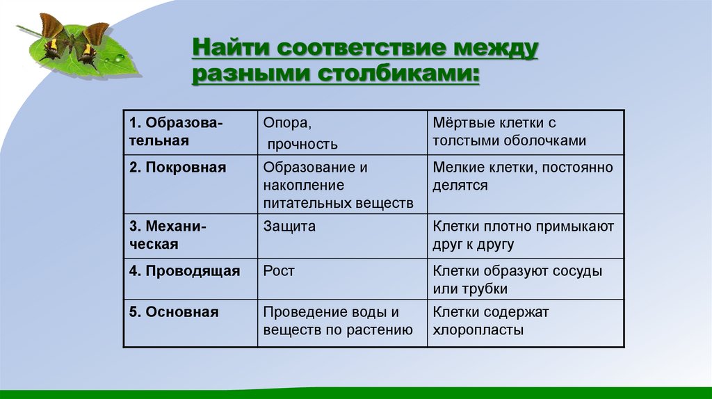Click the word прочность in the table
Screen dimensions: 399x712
point(302,145)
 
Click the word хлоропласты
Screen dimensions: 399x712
point(478,330)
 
